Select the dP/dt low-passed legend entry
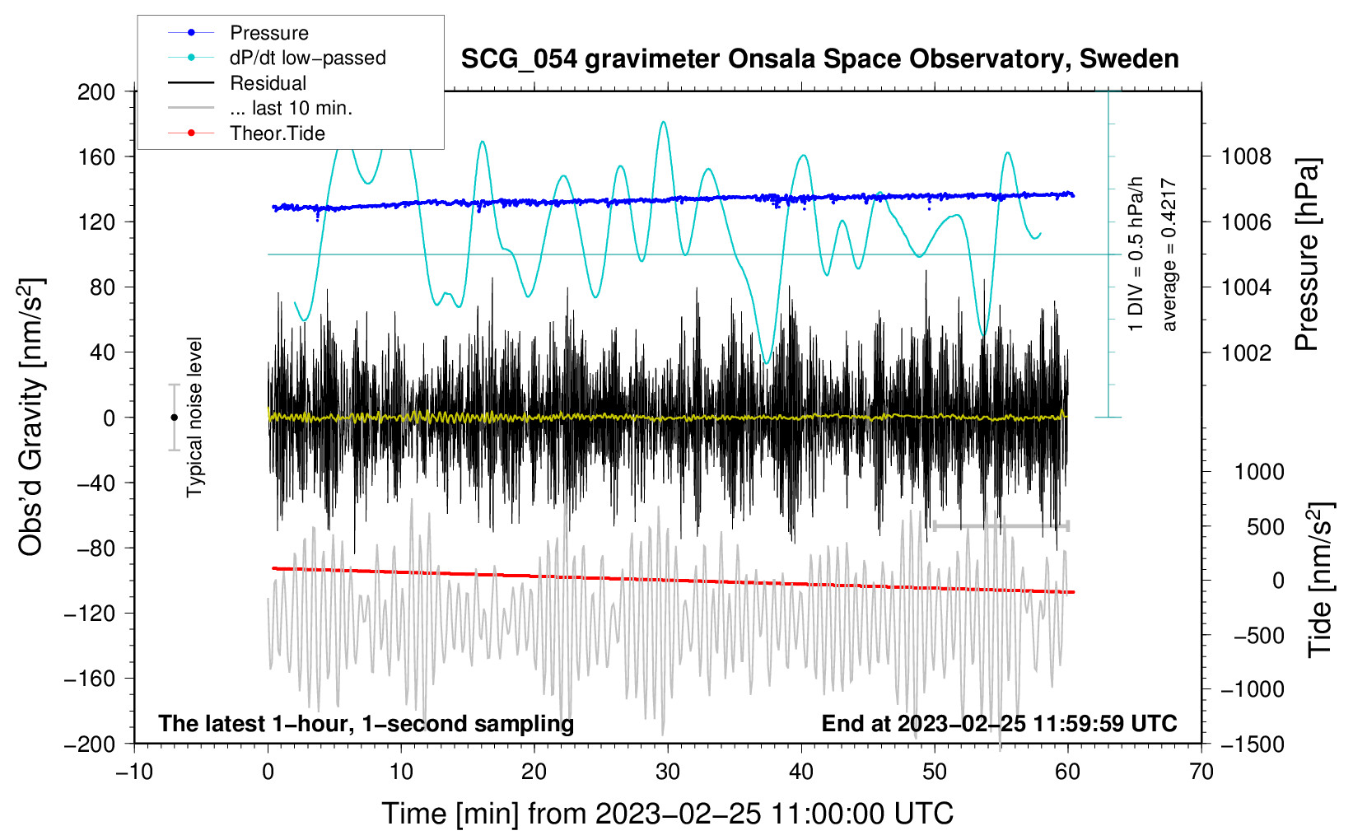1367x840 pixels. pos(307,58)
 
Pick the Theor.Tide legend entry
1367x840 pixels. pos(277,133)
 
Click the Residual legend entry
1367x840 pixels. pos(268,83)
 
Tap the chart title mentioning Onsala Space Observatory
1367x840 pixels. pos(819,59)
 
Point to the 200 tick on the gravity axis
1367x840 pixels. pos(96,91)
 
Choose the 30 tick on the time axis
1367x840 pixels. pos(668,772)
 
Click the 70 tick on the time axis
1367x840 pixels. pos(1201,772)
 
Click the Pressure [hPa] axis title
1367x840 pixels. pos(1307,255)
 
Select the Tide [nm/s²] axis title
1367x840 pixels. pos(1320,579)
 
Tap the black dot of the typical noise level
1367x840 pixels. pos(174,418)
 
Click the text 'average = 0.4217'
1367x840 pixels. pos(1169,255)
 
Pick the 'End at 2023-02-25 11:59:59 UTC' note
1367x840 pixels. pos(999,723)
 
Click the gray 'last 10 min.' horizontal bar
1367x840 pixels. pos(1001,526)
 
